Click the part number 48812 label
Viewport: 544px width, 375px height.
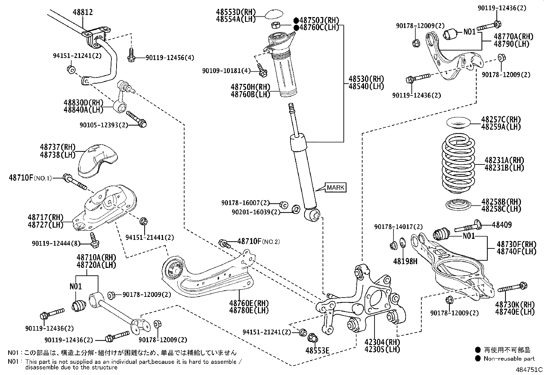click(x=82, y=12)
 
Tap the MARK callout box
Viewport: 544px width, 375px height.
click(x=335, y=187)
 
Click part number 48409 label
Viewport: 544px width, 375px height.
click(x=502, y=225)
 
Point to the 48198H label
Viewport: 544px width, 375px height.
click(x=405, y=261)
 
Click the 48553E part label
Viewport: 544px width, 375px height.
click(x=317, y=350)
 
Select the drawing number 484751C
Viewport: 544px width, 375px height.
click(x=529, y=370)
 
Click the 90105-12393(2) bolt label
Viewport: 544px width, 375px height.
click(x=104, y=125)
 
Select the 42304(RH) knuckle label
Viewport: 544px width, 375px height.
click(x=382, y=342)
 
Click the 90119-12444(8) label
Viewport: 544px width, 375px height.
click(x=56, y=243)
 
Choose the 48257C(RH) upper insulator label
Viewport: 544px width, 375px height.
click(x=501, y=119)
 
